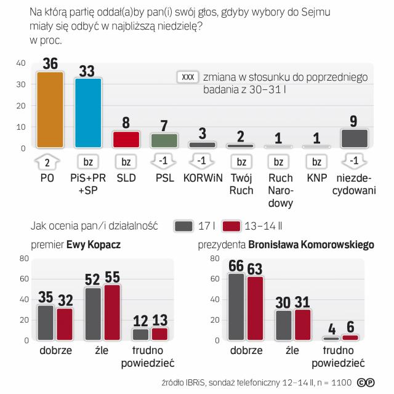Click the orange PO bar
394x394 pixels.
tap(50, 110)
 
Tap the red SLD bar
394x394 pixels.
tap(126, 140)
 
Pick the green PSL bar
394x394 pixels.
tap(164, 141)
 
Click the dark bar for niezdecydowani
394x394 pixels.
tap(354, 139)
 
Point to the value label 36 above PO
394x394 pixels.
tap(50, 63)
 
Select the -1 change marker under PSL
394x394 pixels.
tap(164, 163)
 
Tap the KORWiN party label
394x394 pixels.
tap(202, 179)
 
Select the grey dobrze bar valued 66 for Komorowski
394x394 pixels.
tap(236, 307)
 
